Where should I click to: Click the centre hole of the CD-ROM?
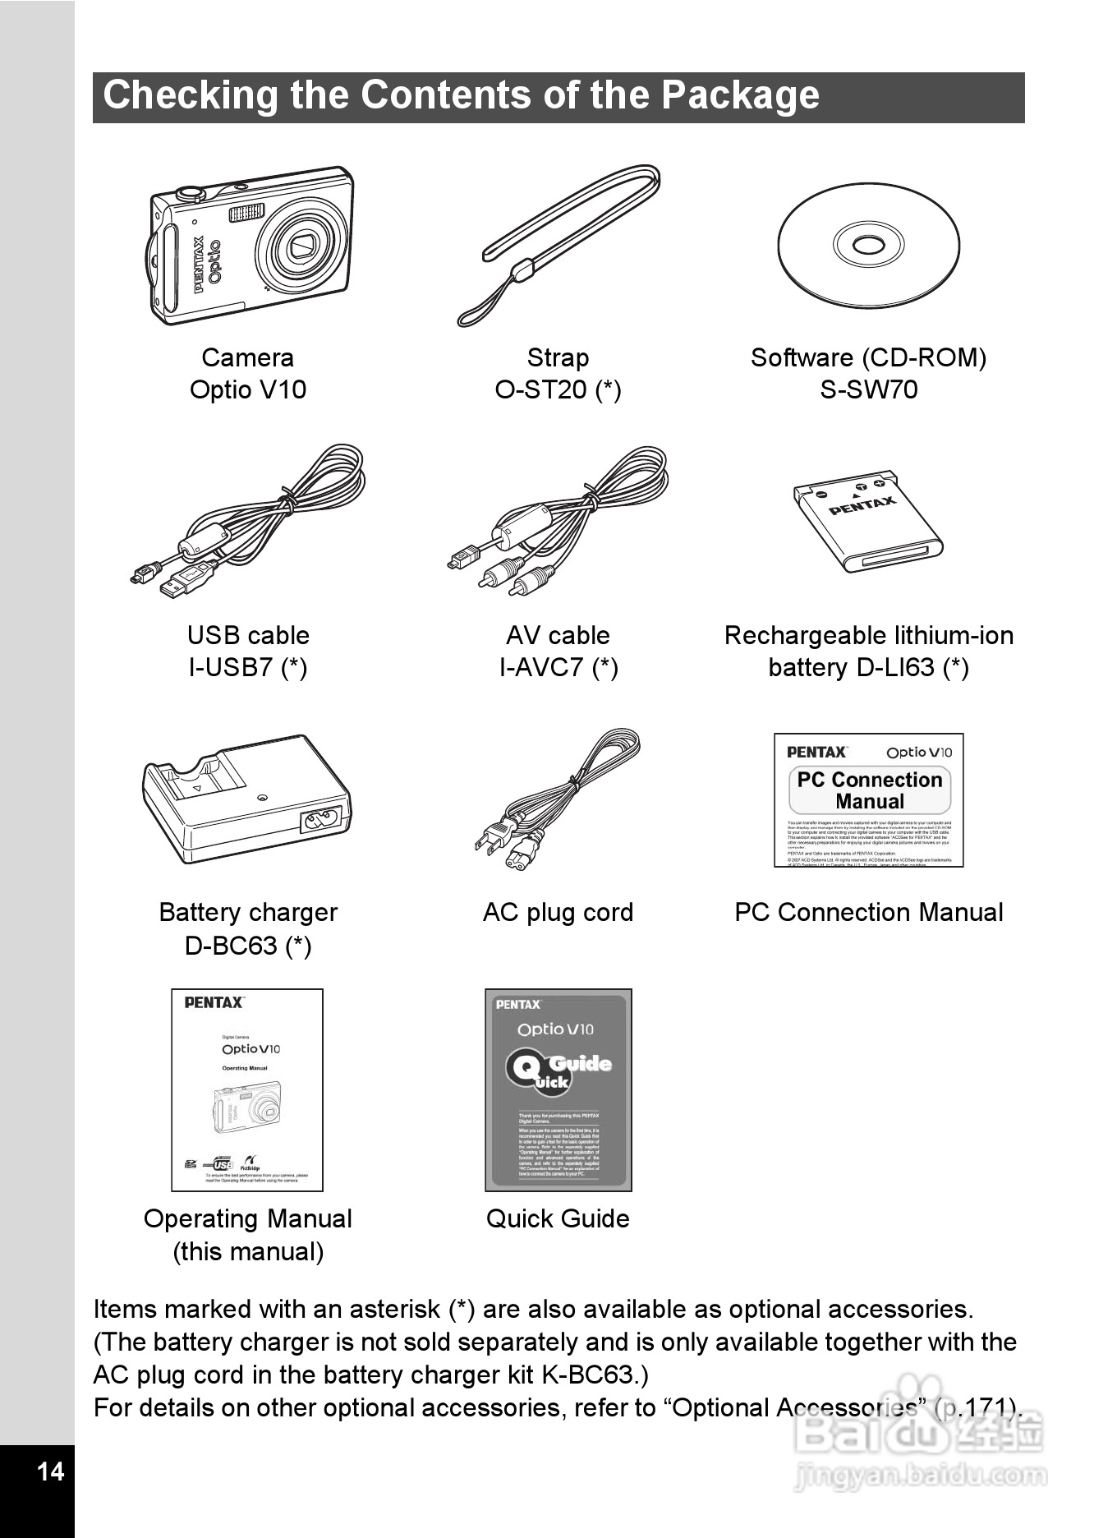868,246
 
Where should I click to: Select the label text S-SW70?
868,389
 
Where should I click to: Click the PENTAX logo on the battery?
862,504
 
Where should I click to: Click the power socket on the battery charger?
321,820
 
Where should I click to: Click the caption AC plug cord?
558,912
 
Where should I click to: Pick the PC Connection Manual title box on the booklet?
869,790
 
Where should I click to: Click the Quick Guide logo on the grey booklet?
558,1071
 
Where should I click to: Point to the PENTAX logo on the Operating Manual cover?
214,1002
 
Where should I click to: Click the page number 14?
51,1471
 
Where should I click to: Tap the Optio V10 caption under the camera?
247,389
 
